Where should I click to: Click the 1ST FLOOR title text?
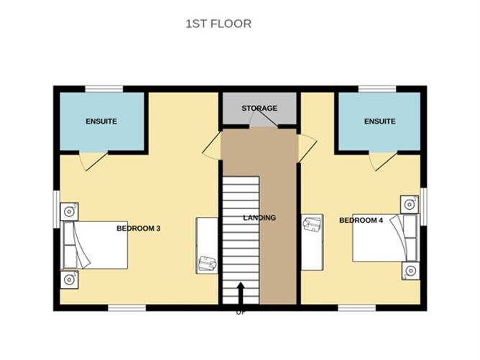click(218, 24)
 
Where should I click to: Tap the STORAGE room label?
click(259, 108)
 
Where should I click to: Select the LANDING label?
click(259, 218)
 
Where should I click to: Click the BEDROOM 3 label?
click(139, 229)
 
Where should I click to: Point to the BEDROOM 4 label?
click(361, 220)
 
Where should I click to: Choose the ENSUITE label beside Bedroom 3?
click(101, 121)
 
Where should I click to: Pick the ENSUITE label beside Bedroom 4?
click(379, 121)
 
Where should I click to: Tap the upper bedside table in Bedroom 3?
click(70, 211)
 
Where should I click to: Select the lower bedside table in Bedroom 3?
click(70, 280)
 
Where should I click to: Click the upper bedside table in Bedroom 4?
click(410, 205)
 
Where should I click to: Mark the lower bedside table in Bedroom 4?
click(411, 271)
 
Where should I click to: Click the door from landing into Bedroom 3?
click(213, 146)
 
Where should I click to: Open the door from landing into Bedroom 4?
click(307, 149)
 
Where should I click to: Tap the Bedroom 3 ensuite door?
click(93, 161)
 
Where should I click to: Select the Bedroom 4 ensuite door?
click(382, 161)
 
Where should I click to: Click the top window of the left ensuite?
click(104, 89)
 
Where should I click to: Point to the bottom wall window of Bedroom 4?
click(356, 308)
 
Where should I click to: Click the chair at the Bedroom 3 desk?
click(208, 264)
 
